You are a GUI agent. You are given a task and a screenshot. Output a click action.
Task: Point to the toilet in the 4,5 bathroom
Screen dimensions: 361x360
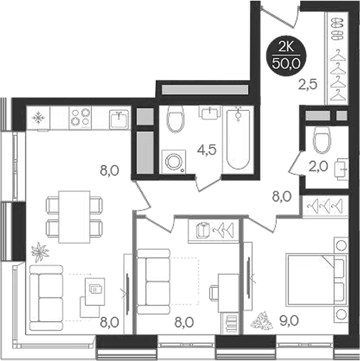[176, 119]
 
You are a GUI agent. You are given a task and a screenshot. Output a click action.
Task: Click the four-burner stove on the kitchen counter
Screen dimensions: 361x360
[79, 118]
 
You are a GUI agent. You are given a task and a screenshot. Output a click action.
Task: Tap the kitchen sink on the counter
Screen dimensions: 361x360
[119, 118]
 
